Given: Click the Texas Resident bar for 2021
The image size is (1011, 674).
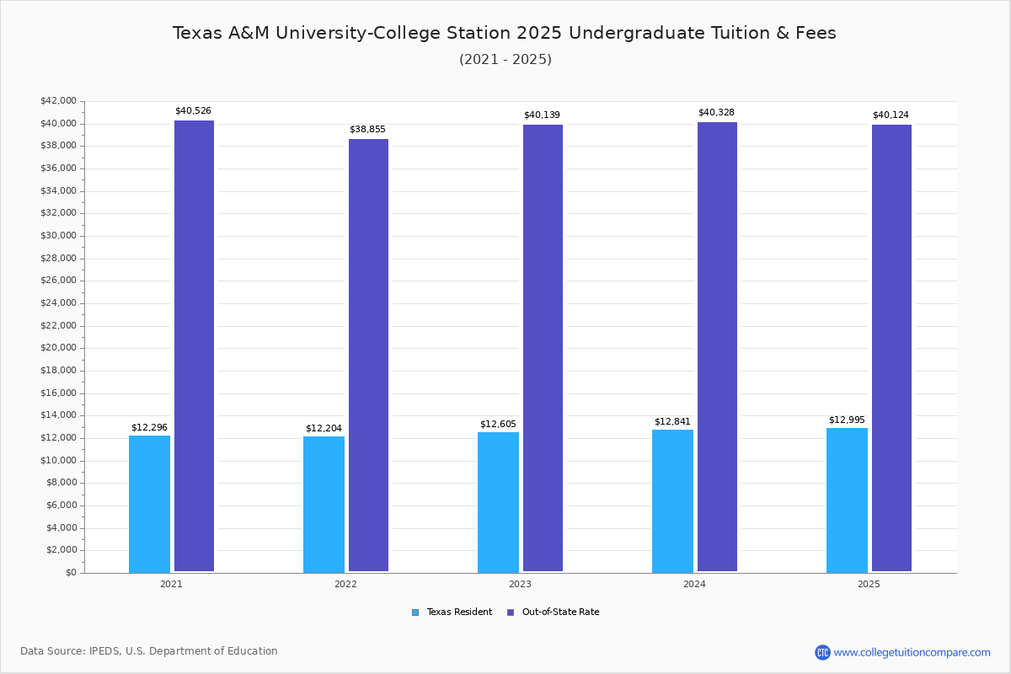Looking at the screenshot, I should pyautogui.click(x=149, y=504).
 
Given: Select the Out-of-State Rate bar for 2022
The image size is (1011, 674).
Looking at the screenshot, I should pyautogui.click(x=368, y=355).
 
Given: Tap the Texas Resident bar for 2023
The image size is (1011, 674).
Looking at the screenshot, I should pyautogui.click(x=498, y=502).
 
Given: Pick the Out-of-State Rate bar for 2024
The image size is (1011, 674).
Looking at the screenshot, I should pyautogui.click(x=717, y=346).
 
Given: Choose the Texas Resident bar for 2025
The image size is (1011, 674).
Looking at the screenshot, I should pyautogui.click(x=847, y=500).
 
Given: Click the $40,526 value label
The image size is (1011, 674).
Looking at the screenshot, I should pyautogui.click(x=193, y=111).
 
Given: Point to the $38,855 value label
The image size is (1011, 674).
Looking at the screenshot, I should pyautogui.click(x=367, y=130).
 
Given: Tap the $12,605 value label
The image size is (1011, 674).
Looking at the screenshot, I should pyautogui.click(x=498, y=425).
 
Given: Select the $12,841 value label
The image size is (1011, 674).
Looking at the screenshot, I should pyautogui.click(x=672, y=422).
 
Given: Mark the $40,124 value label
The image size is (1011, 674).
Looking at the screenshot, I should pyautogui.click(x=891, y=115).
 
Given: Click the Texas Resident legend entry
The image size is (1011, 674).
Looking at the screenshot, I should pyautogui.click(x=452, y=612).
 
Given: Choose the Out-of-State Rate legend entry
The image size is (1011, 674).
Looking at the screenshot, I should pyautogui.click(x=554, y=612).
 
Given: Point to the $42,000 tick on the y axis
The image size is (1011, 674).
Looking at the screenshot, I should pyautogui.click(x=58, y=101).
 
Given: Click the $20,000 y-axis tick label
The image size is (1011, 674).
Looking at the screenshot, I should pyautogui.click(x=58, y=348).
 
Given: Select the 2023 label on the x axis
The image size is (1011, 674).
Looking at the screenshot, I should pyautogui.click(x=520, y=584).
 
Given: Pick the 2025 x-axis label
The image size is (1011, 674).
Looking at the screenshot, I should pyautogui.click(x=869, y=584).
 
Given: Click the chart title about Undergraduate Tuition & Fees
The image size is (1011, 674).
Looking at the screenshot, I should pyautogui.click(x=505, y=33).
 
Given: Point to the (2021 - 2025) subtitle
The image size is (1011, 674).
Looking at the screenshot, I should pyautogui.click(x=505, y=60).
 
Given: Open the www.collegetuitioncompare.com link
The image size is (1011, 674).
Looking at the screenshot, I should pyautogui.click(x=912, y=652).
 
